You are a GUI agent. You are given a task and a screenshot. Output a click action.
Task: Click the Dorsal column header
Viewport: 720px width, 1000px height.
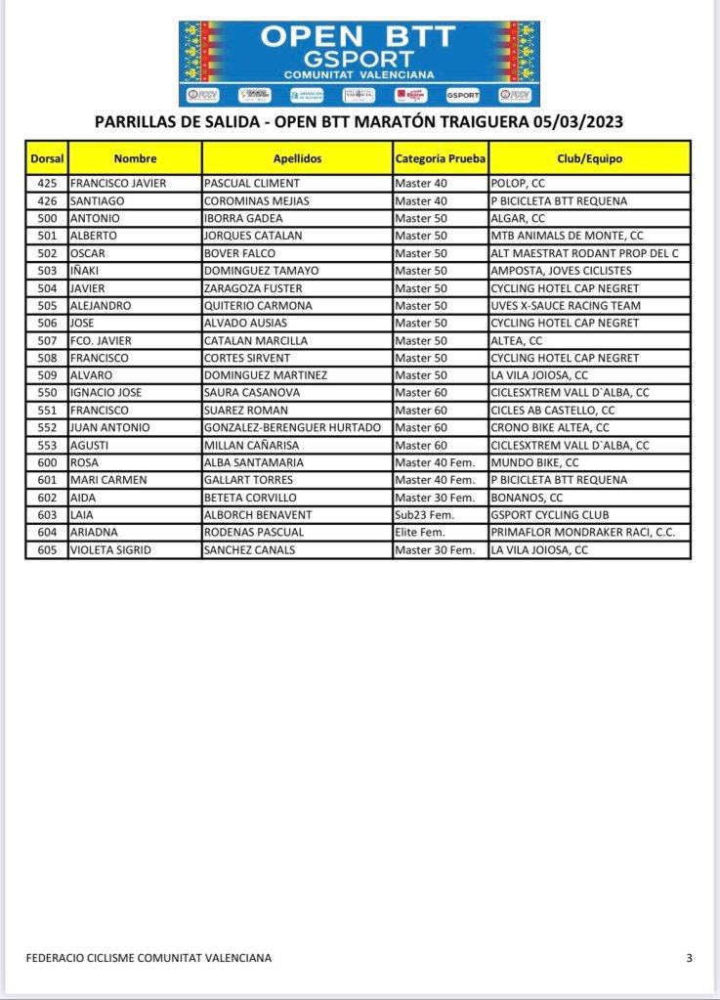(46, 158)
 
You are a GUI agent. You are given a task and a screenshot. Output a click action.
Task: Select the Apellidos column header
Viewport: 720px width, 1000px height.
(297, 158)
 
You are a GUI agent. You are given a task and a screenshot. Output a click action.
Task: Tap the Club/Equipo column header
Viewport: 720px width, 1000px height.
(590, 158)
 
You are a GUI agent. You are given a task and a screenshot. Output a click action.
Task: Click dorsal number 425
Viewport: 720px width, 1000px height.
(46, 183)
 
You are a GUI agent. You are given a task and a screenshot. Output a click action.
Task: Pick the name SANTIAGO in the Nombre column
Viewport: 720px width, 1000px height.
(95, 200)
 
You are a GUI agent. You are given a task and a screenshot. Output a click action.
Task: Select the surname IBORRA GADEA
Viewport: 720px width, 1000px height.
(243, 218)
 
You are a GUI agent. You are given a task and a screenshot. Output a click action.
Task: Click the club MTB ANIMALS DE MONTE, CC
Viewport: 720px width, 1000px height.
(567, 236)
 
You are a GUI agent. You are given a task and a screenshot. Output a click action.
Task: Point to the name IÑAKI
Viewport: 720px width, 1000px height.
(86, 271)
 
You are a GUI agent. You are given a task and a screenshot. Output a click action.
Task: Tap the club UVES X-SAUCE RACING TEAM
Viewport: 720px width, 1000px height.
(566, 306)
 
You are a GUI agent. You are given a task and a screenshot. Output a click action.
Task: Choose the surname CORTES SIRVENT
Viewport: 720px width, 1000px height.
(247, 358)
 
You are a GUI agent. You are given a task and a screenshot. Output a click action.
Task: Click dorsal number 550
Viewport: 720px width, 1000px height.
(46, 393)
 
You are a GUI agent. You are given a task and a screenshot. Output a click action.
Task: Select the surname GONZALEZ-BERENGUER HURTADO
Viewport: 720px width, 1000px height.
(292, 428)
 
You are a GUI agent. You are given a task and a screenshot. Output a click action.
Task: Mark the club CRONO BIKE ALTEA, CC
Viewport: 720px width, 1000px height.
(550, 428)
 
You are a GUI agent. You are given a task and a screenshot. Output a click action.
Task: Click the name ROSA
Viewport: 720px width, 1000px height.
(83, 462)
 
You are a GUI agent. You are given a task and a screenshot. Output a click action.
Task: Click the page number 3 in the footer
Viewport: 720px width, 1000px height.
(689, 958)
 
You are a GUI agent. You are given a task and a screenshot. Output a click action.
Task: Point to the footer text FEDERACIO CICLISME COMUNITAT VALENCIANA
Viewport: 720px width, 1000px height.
(148, 958)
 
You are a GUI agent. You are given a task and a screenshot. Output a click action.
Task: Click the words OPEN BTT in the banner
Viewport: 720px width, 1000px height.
(359, 37)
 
